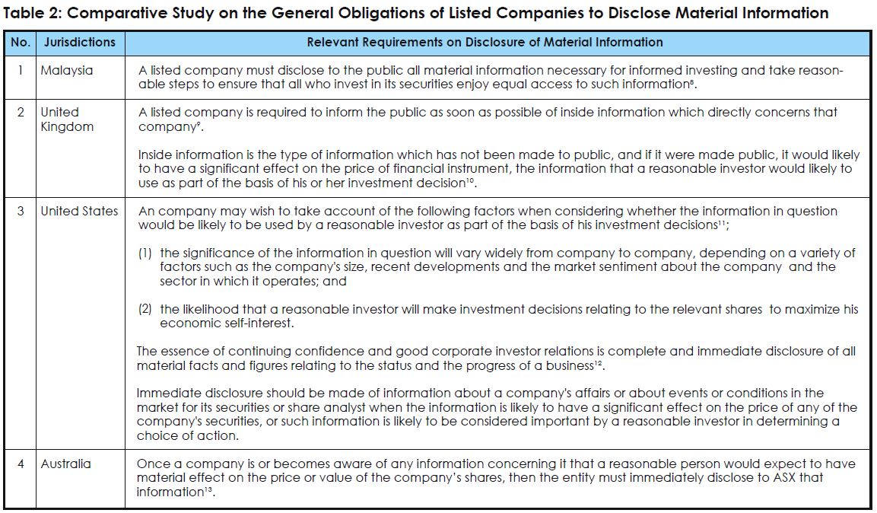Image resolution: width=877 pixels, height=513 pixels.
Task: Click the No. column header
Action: click(x=21, y=43)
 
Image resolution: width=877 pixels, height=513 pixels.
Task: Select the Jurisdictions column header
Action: click(x=80, y=43)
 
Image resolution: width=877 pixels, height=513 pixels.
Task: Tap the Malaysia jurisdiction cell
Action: click(x=67, y=71)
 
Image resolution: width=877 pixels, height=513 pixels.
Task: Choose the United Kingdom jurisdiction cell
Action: click(x=67, y=119)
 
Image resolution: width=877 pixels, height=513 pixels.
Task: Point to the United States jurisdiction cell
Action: click(x=79, y=211)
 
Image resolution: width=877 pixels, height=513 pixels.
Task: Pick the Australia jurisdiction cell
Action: click(x=65, y=464)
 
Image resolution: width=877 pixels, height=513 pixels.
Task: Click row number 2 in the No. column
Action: click(x=21, y=113)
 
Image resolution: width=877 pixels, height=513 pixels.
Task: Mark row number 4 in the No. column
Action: click(x=21, y=464)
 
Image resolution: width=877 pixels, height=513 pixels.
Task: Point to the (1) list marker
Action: click(x=145, y=253)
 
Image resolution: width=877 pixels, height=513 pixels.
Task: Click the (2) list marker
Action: click(x=145, y=309)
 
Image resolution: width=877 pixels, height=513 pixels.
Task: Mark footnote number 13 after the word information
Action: click(x=210, y=489)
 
